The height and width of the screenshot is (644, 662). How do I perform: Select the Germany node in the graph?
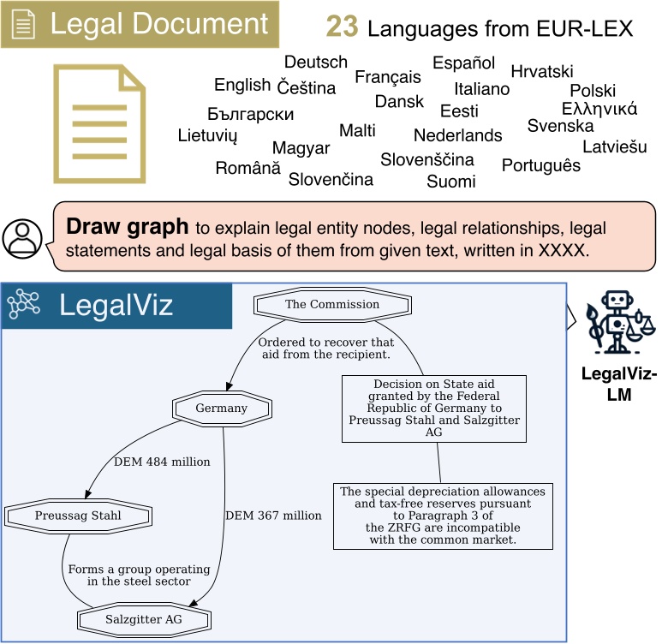[x=221, y=408]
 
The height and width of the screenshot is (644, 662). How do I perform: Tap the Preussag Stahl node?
[x=78, y=516]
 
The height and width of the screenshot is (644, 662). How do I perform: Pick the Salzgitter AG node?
[x=145, y=618]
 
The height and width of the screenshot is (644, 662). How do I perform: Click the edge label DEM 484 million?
[x=162, y=462]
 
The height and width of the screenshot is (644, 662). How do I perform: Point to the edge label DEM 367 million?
[x=273, y=516]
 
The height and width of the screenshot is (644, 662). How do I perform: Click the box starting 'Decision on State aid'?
[x=433, y=408]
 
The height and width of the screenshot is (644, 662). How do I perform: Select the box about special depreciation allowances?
[x=442, y=516]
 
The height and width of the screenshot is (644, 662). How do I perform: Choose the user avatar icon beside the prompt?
[x=22, y=238]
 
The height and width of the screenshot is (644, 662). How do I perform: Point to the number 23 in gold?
[x=343, y=28]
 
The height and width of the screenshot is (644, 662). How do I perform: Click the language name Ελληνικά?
[x=599, y=109]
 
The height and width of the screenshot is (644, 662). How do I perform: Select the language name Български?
[x=251, y=114]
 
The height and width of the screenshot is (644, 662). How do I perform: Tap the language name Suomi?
[x=451, y=181]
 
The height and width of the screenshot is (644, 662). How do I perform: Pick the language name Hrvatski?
[x=542, y=71]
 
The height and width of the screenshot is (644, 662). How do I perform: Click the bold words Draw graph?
[x=127, y=227]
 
